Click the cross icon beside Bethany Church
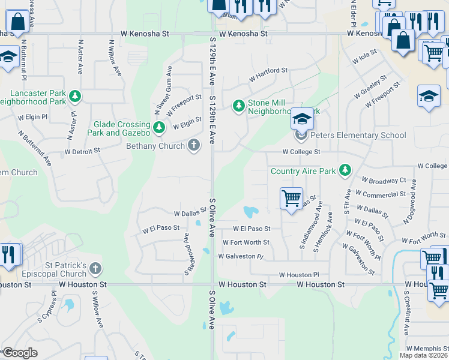(193, 145)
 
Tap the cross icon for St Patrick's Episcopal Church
(95, 269)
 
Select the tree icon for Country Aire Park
(345, 171)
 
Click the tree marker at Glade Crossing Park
(159, 127)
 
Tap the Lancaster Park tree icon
(75, 96)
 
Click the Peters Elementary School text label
(358, 135)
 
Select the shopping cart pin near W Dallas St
(291, 197)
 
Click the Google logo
(19, 353)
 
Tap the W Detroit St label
(82, 151)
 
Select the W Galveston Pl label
(241, 256)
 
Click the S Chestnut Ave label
(406, 313)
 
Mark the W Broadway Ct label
(384, 180)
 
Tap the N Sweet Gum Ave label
(163, 90)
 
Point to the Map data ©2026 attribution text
(423, 355)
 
